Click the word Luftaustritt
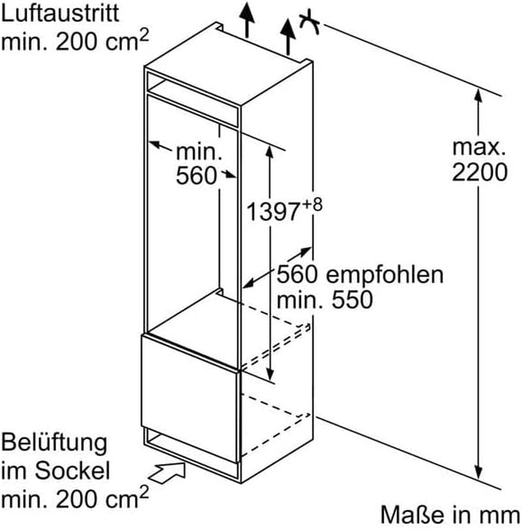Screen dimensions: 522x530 (x=60, y=14)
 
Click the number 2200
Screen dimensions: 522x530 (x=480, y=172)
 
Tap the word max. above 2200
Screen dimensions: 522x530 (x=479, y=148)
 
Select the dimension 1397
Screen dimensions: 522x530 (x=273, y=211)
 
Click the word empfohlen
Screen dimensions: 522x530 (x=384, y=275)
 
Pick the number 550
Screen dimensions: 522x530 (x=352, y=300)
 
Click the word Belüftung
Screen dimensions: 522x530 (x=54, y=443)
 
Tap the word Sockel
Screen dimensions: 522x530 (x=72, y=471)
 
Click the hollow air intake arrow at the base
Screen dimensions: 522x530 (x=167, y=472)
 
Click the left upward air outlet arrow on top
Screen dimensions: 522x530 (x=247, y=20)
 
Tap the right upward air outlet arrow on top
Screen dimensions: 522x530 (x=288, y=37)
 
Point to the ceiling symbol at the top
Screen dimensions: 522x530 (x=309, y=22)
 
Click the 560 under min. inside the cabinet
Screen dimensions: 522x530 (x=196, y=176)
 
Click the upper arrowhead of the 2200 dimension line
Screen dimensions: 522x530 (x=478, y=97)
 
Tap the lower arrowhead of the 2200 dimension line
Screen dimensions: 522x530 (x=478, y=471)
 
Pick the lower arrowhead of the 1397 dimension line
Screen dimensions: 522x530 (x=269, y=373)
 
